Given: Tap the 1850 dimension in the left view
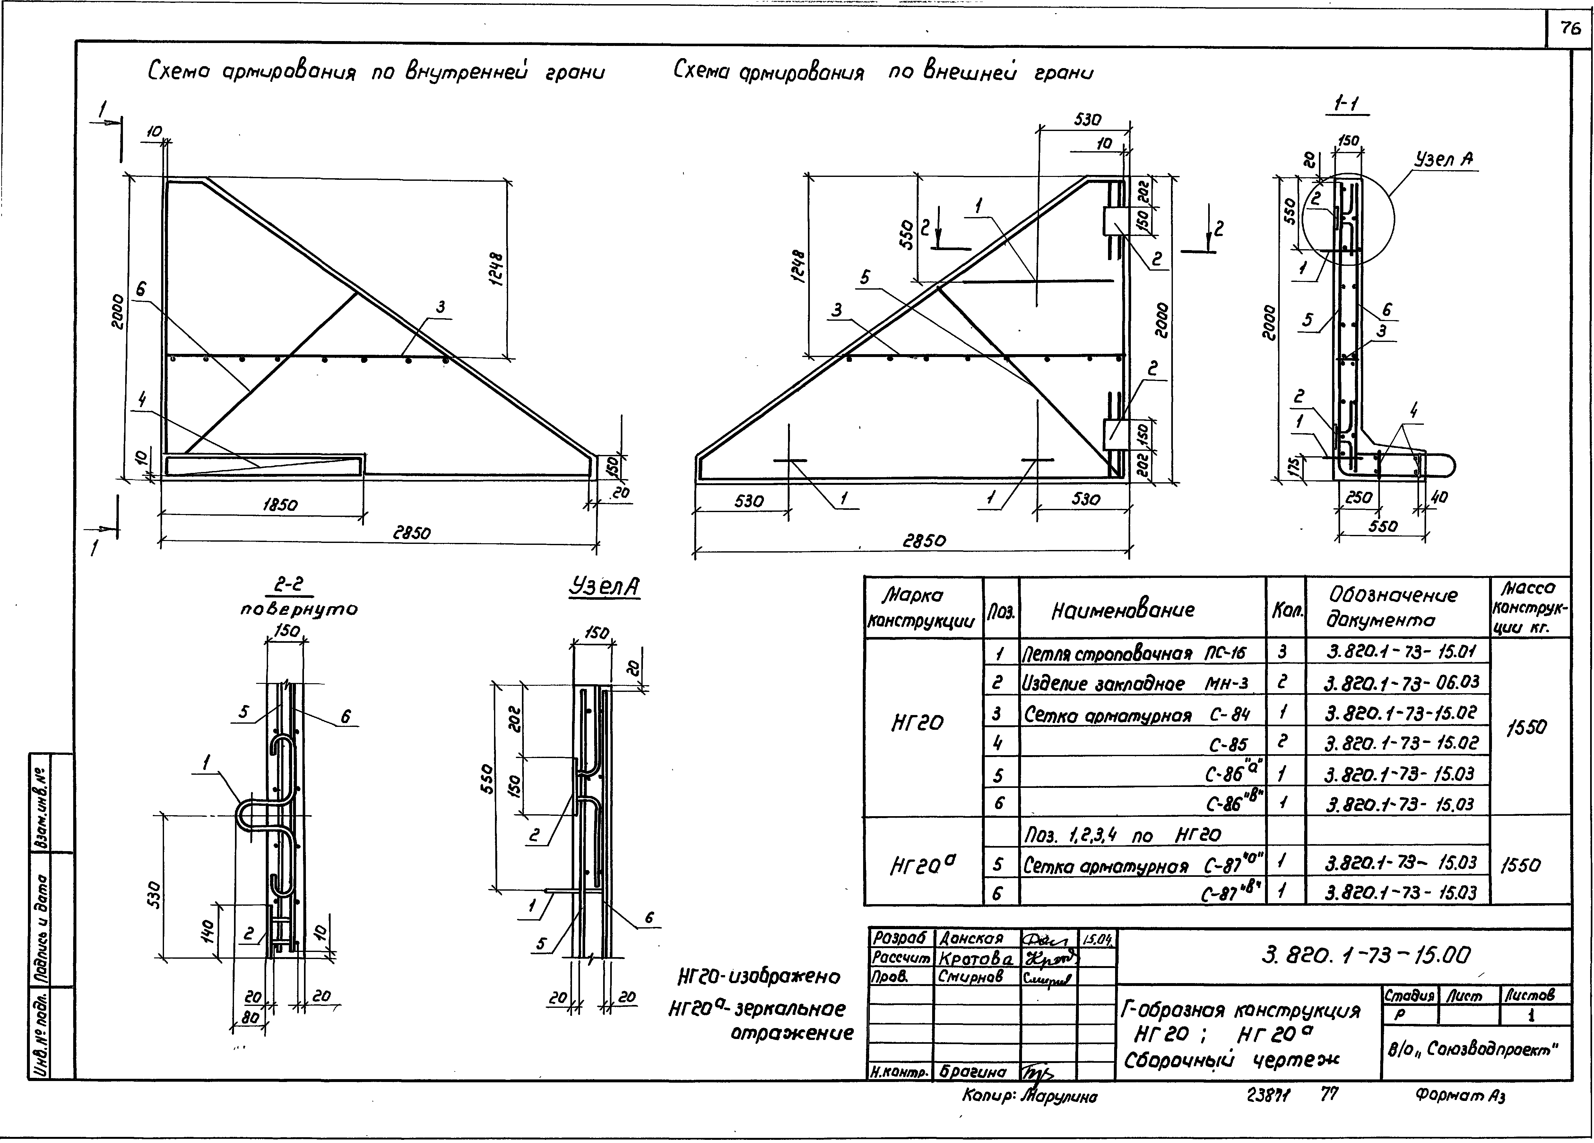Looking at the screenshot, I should click(x=280, y=505).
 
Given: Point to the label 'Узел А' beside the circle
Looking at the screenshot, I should click(x=1443, y=160).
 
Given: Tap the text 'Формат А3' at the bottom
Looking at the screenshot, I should click(x=1460, y=1095).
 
